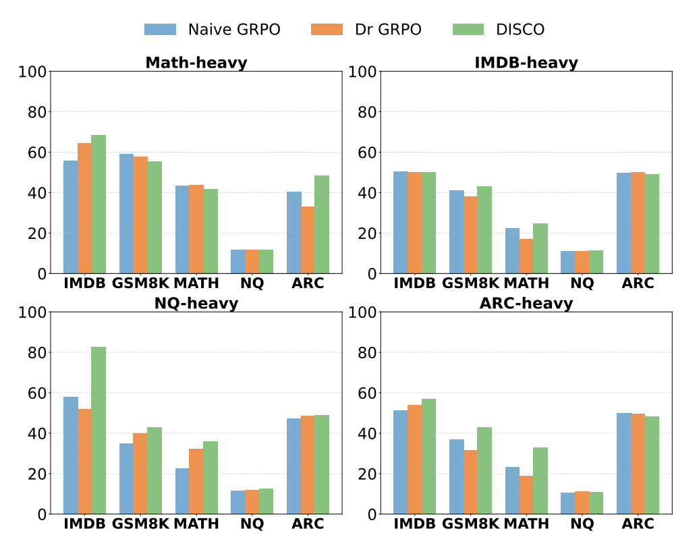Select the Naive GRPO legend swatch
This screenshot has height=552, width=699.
[x=160, y=30]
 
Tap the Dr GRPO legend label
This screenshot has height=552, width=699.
[x=388, y=30]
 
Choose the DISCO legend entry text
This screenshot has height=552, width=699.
[x=520, y=30]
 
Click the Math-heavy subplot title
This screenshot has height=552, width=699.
[x=196, y=63]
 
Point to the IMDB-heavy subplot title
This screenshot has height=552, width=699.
[x=526, y=63]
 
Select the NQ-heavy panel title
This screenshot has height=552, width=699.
[x=196, y=304]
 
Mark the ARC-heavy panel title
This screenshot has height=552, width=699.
[x=526, y=304]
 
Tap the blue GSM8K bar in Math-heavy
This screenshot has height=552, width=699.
[x=126, y=214]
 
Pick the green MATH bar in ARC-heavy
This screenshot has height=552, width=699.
[x=540, y=480]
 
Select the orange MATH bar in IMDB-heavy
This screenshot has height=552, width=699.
[x=526, y=256]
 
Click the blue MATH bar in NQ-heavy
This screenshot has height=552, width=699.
[x=182, y=491]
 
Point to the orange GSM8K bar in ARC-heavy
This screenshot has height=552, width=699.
[x=470, y=482]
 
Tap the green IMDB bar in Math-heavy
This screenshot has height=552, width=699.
[x=99, y=204]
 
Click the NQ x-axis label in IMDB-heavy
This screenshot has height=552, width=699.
[x=582, y=283]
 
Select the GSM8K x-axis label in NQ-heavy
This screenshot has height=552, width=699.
[x=140, y=524]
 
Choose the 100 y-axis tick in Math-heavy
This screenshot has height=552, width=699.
[x=32, y=72]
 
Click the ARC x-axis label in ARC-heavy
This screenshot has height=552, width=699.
[x=638, y=524]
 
